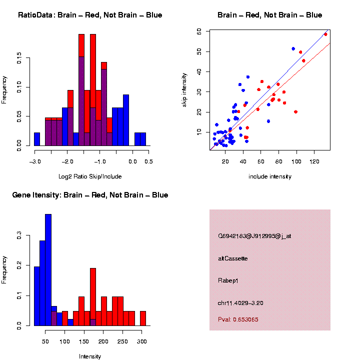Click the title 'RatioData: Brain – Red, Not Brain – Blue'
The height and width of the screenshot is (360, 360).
coord(90,15)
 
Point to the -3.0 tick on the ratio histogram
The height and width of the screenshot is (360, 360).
coord(34,161)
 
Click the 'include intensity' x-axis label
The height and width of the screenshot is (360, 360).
coord(270,176)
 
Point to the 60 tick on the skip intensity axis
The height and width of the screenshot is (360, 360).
coord(198,31)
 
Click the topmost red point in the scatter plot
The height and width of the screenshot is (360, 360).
coord(325,34)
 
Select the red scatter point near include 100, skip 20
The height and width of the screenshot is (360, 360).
coord(296,112)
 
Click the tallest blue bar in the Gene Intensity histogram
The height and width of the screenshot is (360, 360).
coord(48,270)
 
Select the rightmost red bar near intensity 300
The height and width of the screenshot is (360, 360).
coord(143,318)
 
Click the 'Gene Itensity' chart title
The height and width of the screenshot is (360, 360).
coord(90,195)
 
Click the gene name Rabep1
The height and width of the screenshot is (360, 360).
coord(228,280)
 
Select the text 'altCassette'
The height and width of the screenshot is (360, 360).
coord(232,258)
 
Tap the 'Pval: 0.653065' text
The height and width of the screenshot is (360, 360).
coord(238,319)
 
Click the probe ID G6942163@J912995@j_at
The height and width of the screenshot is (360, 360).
coord(254,236)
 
